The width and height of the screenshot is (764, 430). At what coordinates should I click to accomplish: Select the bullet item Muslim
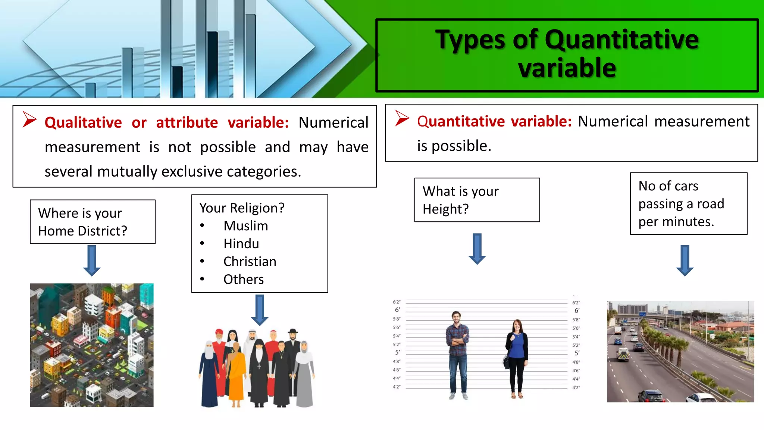click(245, 226)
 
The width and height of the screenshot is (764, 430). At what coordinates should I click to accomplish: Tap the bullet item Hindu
click(241, 244)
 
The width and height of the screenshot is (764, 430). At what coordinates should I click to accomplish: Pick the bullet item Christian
click(250, 262)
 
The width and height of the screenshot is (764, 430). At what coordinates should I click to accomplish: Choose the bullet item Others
click(243, 280)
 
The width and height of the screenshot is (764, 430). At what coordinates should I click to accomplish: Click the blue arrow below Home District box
click(92, 260)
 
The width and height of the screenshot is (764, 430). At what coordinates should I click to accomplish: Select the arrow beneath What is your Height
click(477, 249)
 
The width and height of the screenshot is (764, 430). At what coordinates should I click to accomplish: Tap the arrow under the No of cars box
click(685, 260)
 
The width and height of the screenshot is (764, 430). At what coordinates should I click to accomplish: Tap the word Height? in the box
click(445, 209)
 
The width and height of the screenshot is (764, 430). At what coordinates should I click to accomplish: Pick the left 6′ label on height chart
click(397, 310)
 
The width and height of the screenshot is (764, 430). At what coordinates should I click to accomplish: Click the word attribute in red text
click(187, 122)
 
